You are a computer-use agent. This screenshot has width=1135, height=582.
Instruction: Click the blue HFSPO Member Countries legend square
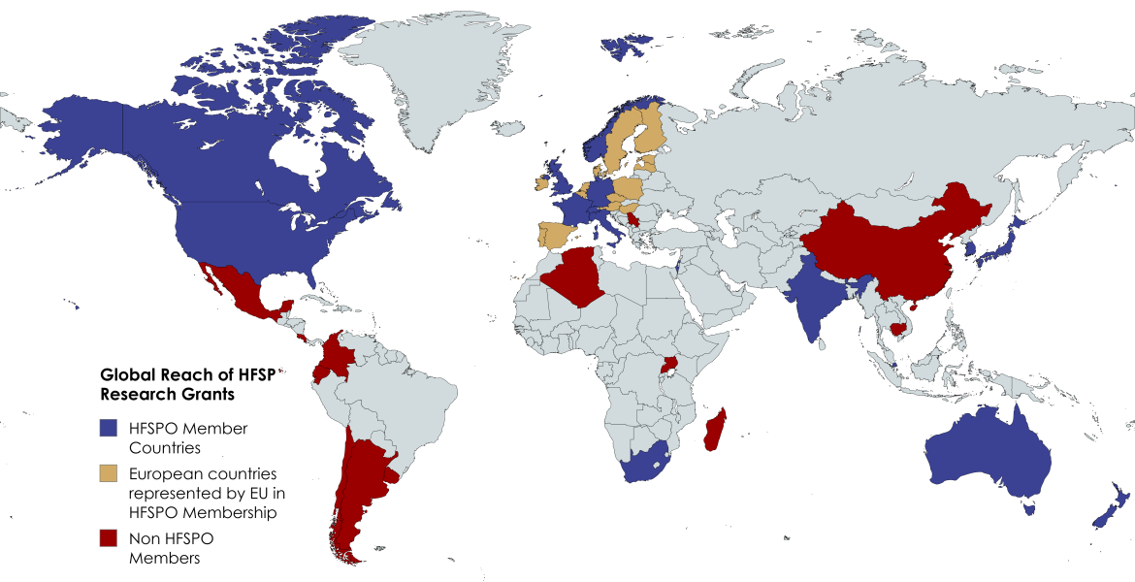[109, 428]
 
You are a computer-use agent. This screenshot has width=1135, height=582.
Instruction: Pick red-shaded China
[873, 247]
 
